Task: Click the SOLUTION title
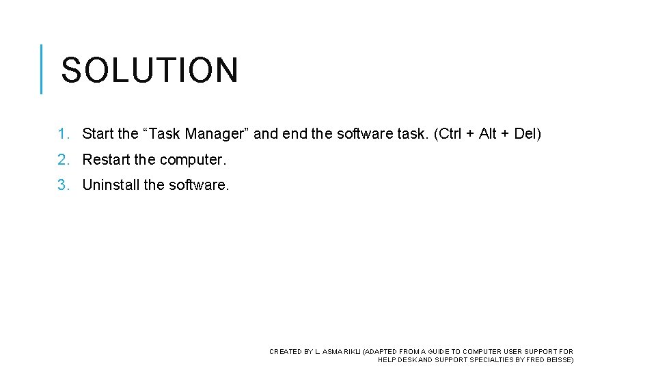(x=150, y=70)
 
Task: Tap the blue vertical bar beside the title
(x=42, y=69)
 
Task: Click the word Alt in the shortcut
(x=488, y=134)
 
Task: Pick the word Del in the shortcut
(x=525, y=134)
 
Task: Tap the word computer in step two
(x=192, y=160)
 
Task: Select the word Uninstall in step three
(x=111, y=184)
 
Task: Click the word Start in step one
(x=98, y=134)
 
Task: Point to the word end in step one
(x=295, y=134)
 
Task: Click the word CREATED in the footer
(x=285, y=352)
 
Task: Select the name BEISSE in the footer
(x=558, y=360)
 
